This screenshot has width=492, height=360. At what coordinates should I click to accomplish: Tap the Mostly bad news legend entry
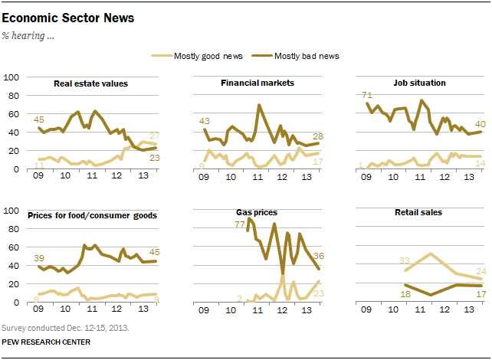click(302, 56)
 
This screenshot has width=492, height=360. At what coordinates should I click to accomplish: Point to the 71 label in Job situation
click(367, 94)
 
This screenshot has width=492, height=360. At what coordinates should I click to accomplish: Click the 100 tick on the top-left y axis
click(12, 77)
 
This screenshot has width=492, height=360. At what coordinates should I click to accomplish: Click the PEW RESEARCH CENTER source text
click(45, 342)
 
